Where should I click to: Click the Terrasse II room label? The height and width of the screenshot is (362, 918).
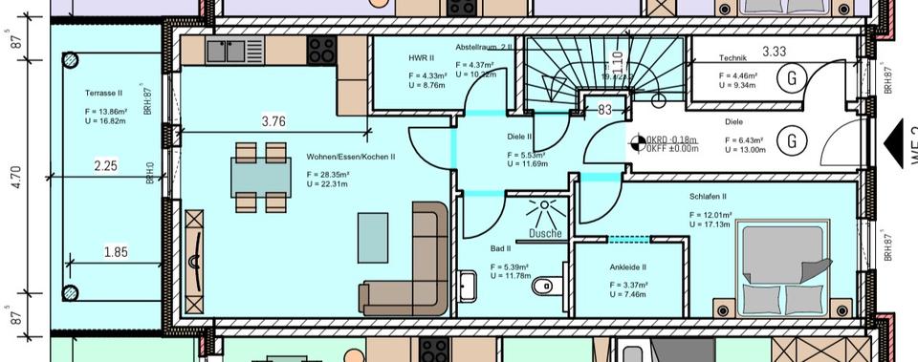point(103,94)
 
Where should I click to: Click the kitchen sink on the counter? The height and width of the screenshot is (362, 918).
point(229,50)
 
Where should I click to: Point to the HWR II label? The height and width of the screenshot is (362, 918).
point(422,59)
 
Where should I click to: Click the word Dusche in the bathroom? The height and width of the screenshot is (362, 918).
point(544,233)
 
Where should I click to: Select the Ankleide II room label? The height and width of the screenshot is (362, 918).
point(628,267)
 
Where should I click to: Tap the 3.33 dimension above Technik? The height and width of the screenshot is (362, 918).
point(775,52)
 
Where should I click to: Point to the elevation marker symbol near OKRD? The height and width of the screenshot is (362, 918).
point(637,144)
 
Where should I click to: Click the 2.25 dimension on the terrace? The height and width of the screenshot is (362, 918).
point(105,166)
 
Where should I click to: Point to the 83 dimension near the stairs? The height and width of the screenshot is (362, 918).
point(604,110)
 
